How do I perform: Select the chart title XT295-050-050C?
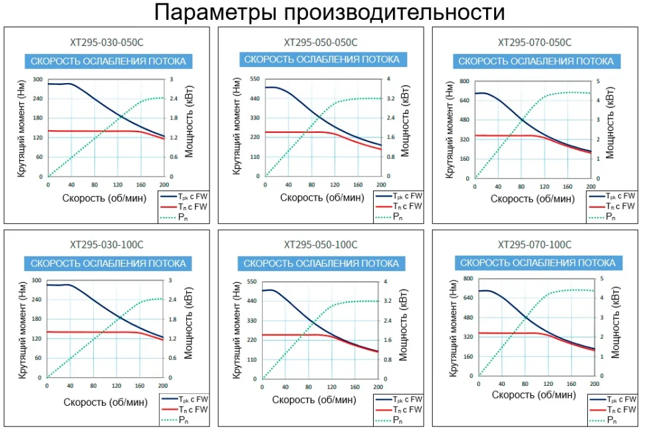click(x=321, y=43)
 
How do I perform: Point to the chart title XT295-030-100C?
click(x=106, y=244)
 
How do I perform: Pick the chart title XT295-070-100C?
click(x=534, y=244)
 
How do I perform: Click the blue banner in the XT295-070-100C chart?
click(x=537, y=263)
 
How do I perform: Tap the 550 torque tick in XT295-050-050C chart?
click(x=255, y=79)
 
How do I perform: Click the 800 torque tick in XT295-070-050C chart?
click(x=464, y=82)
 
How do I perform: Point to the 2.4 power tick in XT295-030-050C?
click(x=173, y=99)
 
